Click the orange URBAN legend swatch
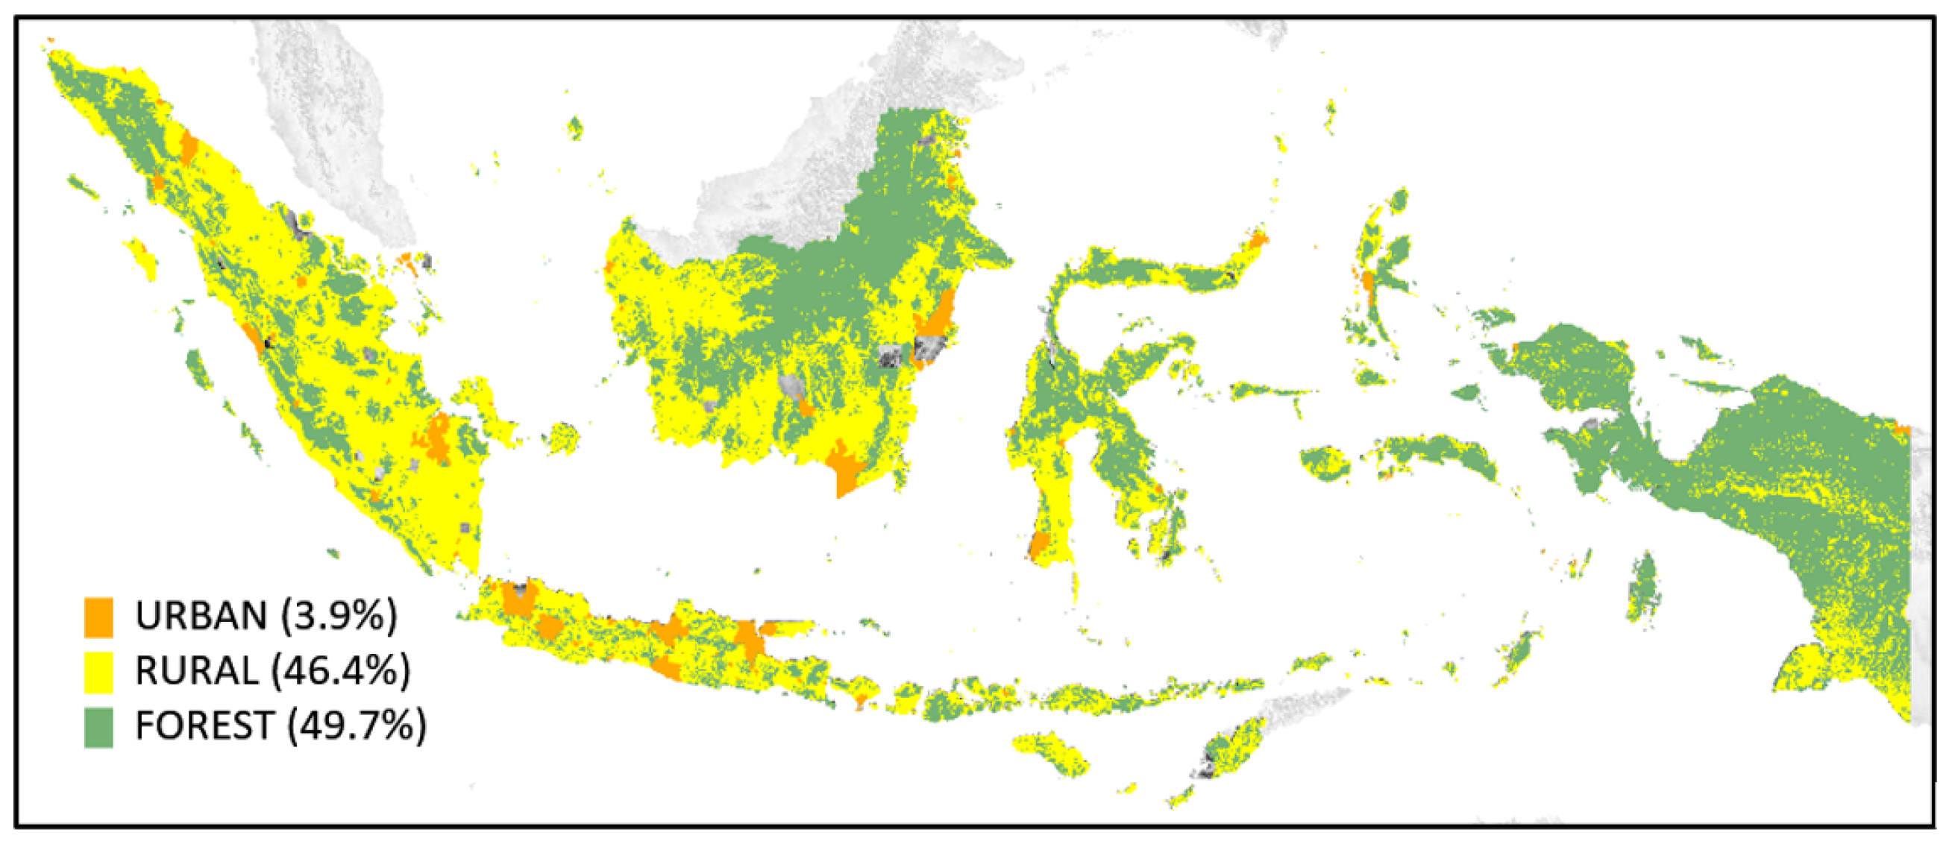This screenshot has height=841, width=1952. (98, 617)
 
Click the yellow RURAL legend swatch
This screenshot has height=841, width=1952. (98, 672)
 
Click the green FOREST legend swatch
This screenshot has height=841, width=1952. (98, 728)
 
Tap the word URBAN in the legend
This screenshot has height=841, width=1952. (201, 615)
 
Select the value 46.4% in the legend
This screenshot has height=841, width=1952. (341, 670)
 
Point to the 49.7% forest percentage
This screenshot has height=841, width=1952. (356, 726)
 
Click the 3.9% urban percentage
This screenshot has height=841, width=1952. (339, 615)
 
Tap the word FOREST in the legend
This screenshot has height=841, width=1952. (204, 726)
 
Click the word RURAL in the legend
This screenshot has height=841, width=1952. (197, 670)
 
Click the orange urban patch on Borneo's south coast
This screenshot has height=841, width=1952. (845, 466)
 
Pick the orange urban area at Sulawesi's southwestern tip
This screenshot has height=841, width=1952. (1039, 546)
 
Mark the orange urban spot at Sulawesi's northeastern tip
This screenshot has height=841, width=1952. (1258, 241)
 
